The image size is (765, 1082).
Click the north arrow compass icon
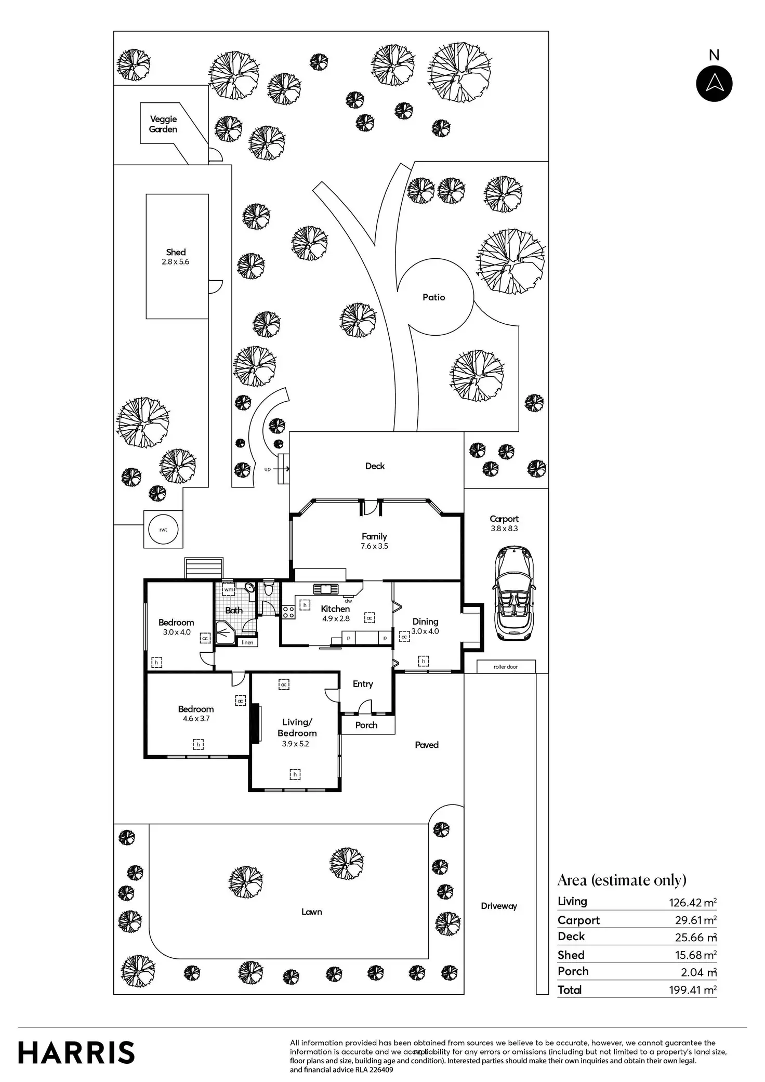[x=714, y=83]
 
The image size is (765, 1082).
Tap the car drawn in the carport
[x=513, y=593]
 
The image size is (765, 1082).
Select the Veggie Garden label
[x=163, y=124]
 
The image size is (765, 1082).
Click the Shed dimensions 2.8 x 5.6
[x=176, y=262]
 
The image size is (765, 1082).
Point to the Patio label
[x=434, y=297]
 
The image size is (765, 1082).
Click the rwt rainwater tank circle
[x=163, y=530]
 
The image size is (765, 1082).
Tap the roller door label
[x=506, y=667]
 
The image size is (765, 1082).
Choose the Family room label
[x=374, y=536]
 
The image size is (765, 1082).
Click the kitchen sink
[x=326, y=589]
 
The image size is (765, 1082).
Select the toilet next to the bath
[x=268, y=589]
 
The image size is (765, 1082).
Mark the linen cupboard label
[x=248, y=643]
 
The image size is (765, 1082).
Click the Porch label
[x=366, y=725]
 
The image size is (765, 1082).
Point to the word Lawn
[x=312, y=912]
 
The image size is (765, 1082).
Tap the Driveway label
[x=499, y=906]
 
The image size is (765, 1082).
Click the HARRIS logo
[x=76, y=1052]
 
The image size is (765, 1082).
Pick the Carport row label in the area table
[x=578, y=920]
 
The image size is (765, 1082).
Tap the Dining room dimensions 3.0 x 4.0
[x=425, y=631]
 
